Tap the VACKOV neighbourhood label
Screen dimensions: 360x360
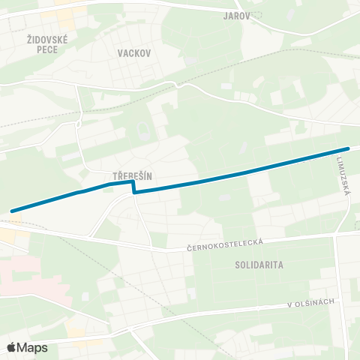point(135,53)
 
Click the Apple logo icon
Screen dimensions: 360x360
point(11,347)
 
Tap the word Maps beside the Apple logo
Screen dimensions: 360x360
point(33,347)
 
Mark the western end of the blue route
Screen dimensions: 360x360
point(12,211)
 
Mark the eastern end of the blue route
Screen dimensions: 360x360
point(348,148)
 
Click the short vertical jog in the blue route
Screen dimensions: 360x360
point(134,187)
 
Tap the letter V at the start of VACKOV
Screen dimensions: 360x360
point(121,53)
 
